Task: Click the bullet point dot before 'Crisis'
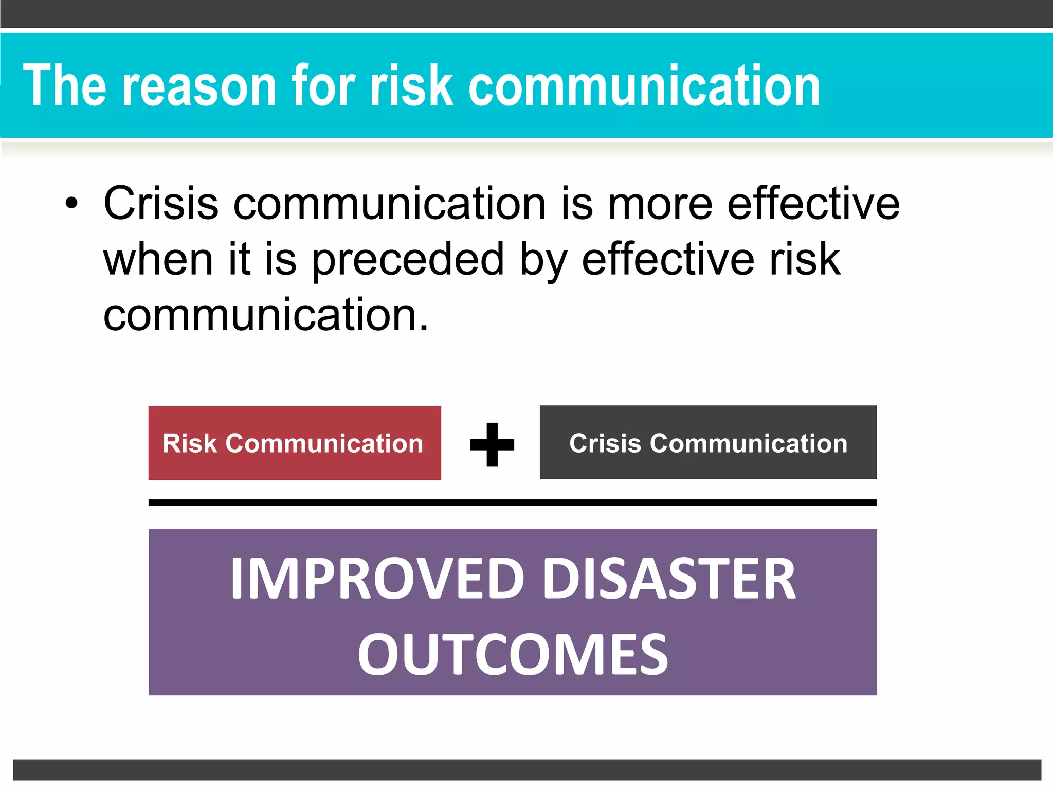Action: [x=72, y=204]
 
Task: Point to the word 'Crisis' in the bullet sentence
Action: [x=161, y=204]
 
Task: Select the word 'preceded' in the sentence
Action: [x=408, y=260]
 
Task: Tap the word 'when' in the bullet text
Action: [x=158, y=259]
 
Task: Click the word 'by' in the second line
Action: [x=543, y=260]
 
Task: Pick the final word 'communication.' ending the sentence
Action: [x=266, y=315]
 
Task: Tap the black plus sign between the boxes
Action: [x=492, y=444]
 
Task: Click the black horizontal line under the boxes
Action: [x=512, y=502]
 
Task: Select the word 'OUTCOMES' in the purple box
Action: [x=513, y=654]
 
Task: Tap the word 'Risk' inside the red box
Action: [x=190, y=443]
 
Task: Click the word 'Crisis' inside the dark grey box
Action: [x=605, y=443]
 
